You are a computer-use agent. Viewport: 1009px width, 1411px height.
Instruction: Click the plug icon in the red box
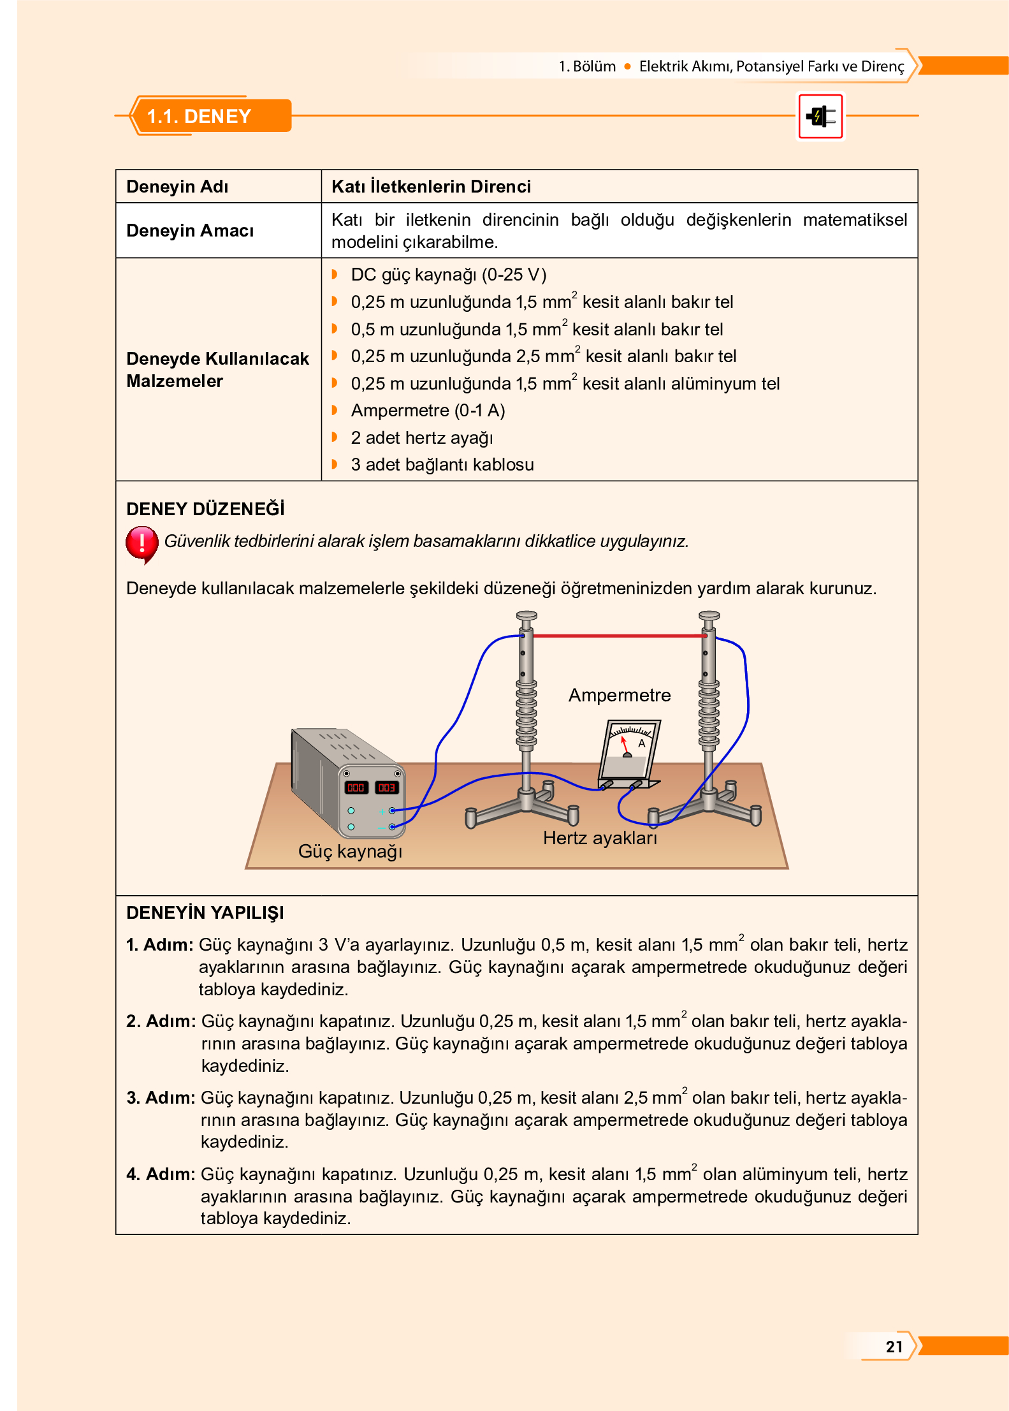(x=820, y=116)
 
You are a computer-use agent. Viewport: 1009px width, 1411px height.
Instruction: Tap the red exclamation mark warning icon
(x=142, y=543)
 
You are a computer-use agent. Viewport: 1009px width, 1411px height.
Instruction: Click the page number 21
(x=894, y=1346)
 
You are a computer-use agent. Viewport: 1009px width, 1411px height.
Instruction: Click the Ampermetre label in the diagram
(x=619, y=695)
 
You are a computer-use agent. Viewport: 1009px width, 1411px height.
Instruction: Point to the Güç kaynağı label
(x=350, y=851)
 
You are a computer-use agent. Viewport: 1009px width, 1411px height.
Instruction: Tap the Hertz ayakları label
(x=599, y=838)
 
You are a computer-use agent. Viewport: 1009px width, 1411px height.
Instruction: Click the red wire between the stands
(x=615, y=636)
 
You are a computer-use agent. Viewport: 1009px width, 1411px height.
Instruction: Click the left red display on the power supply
(x=356, y=787)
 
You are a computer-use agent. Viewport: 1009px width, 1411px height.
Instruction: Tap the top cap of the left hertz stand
(x=526, y=616)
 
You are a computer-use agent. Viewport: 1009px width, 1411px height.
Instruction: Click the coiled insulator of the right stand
(x=709, y=713)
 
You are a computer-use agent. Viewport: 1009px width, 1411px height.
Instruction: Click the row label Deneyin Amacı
(x=190, y=230)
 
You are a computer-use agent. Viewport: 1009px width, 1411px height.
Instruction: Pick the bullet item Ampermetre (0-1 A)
(x=428, y=411)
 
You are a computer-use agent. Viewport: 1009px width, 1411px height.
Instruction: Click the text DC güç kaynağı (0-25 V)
(x=448, y=275)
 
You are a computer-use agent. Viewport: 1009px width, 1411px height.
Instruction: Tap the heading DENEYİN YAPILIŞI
(x=205, y=912)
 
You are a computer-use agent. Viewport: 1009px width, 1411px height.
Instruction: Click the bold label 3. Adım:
(x=161, y=1097)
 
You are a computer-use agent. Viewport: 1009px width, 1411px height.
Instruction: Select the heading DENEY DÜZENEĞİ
(x=205, y=509)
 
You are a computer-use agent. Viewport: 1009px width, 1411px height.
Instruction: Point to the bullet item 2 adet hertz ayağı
(x=421, y=438)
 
